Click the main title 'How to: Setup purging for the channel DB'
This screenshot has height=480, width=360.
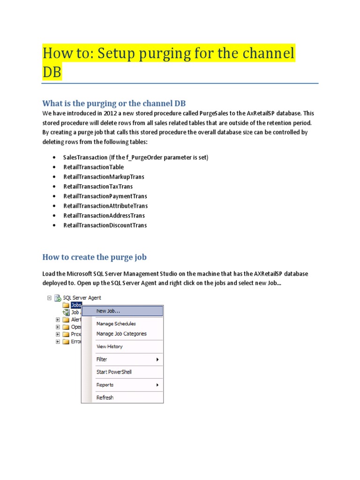click(x=168, y=53)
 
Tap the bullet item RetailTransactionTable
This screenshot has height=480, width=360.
click(x=94, y=167)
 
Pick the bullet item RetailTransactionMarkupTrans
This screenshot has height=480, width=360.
click(x=104, y=177)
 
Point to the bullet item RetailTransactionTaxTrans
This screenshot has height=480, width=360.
click(x=98, y=187)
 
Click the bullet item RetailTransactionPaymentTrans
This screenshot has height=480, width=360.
click(x=105, y=196)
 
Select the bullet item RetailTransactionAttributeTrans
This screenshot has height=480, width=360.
click(x=105, y=206)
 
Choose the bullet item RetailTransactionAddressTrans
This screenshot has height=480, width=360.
click(x=104, y=216)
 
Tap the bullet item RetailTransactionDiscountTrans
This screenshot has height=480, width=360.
click(x=105, y=225)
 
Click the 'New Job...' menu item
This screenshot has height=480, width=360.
click(x=108, y=311)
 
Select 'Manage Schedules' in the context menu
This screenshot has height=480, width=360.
click(x=116, y=323)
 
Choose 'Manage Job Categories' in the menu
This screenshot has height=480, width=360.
click(x=121, y=334)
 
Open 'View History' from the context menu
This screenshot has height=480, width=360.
click(x=109, y=346)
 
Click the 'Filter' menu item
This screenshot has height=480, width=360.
click(x=102, y=359)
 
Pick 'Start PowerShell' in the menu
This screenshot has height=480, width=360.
click(x=114, y=372)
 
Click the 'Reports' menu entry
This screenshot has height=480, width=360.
click(x=105, y=385)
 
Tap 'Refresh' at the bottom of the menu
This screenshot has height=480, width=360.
click(x=105, y=397)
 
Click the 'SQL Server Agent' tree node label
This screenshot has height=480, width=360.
click(x=82, y=298)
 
